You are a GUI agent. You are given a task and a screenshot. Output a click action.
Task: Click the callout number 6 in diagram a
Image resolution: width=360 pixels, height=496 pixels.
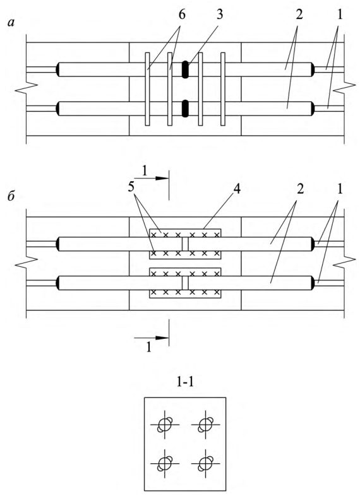point(182,16)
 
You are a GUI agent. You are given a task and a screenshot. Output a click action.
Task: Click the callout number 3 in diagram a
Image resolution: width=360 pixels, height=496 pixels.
point(219,16)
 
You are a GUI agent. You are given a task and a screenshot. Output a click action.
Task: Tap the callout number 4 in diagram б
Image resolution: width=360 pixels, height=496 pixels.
point(236,189)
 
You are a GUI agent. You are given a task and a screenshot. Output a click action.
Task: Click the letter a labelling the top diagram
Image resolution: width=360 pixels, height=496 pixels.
point(11,23)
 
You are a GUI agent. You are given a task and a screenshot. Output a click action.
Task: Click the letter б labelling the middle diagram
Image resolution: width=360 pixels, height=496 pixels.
point(11,196)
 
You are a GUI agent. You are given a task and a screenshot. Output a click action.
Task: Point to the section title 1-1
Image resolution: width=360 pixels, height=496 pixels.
point(185,382)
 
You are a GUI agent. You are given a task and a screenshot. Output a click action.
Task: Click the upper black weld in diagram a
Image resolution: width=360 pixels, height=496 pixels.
point(185,69)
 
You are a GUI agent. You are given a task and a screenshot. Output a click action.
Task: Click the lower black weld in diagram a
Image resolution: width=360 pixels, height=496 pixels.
point(185,109)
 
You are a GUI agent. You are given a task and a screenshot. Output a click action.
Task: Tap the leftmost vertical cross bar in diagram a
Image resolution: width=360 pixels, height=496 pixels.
point(147,89)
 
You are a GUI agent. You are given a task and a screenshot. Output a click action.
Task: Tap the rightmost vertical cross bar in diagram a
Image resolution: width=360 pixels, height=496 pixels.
point(223,89)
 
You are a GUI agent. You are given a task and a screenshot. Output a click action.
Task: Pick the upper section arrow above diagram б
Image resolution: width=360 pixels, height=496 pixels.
point(152,178)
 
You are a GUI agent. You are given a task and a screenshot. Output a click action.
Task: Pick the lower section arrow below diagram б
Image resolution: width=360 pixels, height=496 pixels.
point(152,338)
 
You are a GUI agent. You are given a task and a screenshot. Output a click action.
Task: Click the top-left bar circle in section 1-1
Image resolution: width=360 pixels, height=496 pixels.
point(165,425)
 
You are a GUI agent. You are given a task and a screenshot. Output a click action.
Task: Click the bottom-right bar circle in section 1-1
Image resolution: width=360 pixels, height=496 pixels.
point(205,463)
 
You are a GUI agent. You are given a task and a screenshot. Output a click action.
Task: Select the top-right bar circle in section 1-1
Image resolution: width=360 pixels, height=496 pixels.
point(205,425)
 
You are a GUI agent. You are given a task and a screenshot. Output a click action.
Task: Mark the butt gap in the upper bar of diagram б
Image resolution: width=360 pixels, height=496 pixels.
point(185,244)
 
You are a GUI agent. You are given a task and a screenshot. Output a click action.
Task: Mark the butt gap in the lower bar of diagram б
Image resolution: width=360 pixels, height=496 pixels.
point(185,283)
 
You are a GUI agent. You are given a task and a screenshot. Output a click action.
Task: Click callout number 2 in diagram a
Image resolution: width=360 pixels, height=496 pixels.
point(299,16)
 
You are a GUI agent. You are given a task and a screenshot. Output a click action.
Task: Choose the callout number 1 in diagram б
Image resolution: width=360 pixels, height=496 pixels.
point(339,189)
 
